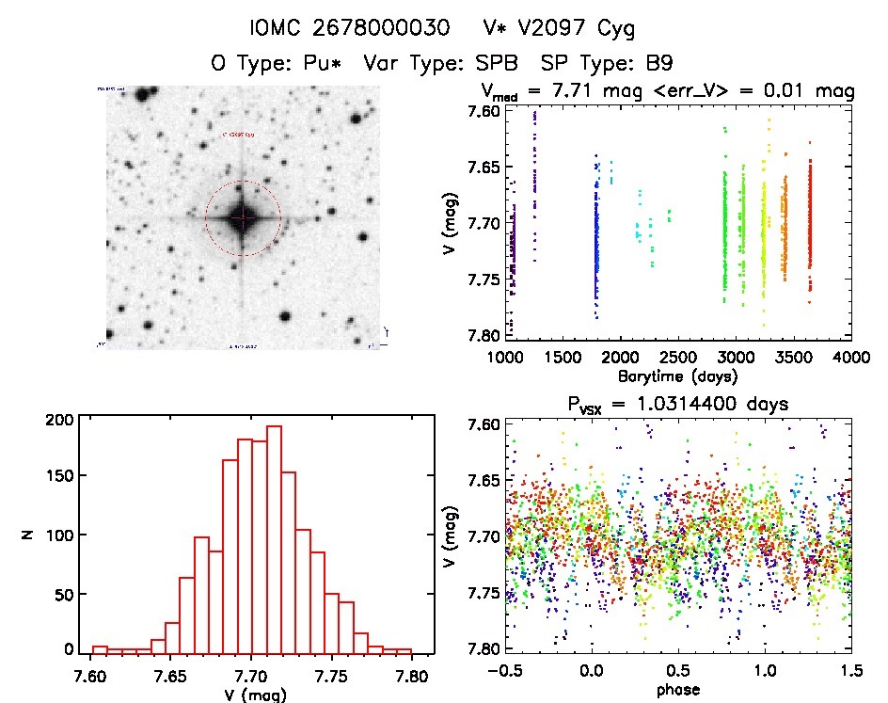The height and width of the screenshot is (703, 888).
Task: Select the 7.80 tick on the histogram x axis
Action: pyautogui.click(x=410, y=677)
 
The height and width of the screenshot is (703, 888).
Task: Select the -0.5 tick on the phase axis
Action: pyautogui.click(x=503, y=674)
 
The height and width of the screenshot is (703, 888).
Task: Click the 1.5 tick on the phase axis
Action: pyautogui.click(x=850, y=674)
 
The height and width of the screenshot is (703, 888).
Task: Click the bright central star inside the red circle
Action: pyautogui.click(x=243, y=217)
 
